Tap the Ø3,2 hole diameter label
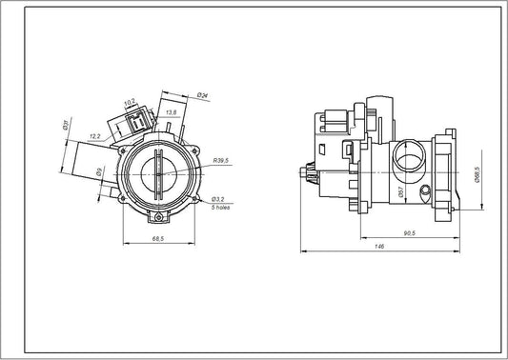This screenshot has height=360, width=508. point(219,199)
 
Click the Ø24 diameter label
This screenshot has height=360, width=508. point(203,94)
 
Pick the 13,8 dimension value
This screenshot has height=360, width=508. point(171,112)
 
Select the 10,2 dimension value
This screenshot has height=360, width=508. point(131,97)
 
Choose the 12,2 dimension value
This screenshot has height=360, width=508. point(95,136)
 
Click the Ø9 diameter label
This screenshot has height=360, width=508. point(98,172)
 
